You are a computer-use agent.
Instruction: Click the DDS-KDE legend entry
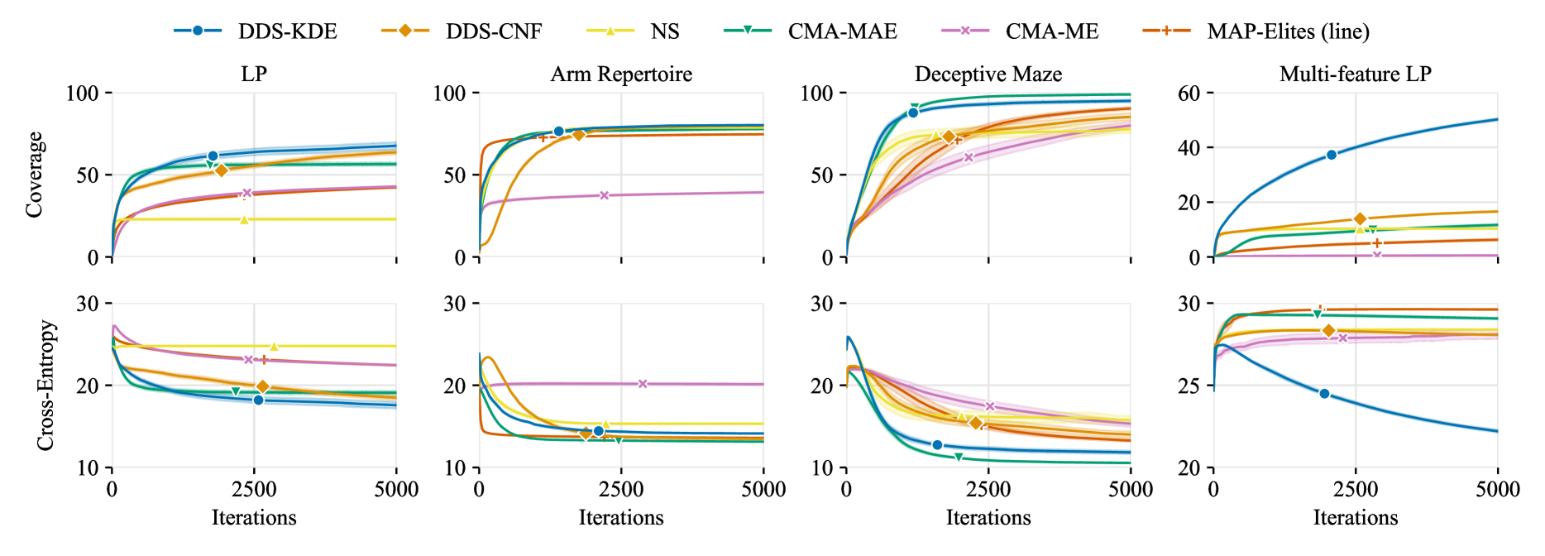click(256, 31)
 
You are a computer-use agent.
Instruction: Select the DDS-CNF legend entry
click(463, 31)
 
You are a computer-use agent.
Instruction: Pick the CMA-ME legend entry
click(1021, 31)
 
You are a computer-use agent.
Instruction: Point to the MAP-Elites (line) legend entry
click(1257, 31)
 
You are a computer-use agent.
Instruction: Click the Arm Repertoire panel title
click(621, 74)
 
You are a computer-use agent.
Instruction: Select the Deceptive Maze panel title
click(988, 74)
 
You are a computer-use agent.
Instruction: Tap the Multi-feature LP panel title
click(1355, 74)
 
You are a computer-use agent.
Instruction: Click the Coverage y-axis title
click(34, 175)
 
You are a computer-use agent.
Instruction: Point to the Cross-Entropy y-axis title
click(45, 386)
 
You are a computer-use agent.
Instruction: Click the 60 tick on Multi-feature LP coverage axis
click(1189, 93)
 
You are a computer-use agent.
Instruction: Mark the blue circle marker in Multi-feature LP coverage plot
click(1332, 155)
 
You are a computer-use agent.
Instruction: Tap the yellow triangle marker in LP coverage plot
click(244, 219)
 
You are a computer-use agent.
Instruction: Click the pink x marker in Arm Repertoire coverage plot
click(605, 195)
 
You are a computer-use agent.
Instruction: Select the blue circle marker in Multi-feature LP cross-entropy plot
click(1324, 394)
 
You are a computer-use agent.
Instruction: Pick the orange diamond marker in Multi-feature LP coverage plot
click(1360, 219)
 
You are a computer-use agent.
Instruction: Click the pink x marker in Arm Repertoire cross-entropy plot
click(643, 384)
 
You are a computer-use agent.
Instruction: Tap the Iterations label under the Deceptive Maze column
click(988, 518)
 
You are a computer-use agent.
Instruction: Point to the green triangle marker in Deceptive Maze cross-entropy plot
click(959, 457)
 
